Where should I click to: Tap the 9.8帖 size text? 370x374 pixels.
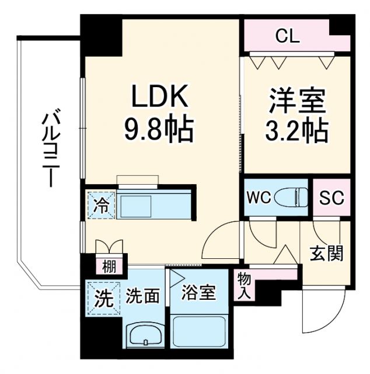coord(159,130)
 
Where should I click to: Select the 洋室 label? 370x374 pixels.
coord(296,101)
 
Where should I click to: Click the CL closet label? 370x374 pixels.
coord(287,37)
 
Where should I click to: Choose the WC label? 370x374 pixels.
coord(259,198)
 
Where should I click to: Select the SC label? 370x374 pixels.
coord(331,198)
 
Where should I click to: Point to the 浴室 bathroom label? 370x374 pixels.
coord(198,292)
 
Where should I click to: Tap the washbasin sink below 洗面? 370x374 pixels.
coord(145,335)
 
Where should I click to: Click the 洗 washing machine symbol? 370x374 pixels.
coord(102,299)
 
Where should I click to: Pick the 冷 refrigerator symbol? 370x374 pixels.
coord(101,205)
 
